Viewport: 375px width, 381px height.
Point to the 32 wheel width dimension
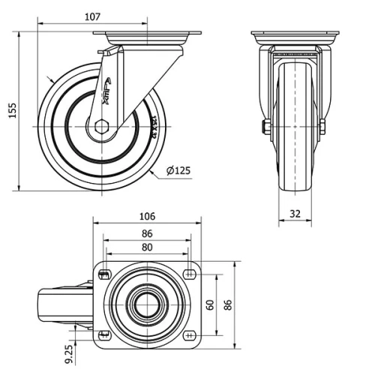pyautogui.click(x=295, y=214)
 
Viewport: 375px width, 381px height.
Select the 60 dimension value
pyautogui.click(x=210, y=305)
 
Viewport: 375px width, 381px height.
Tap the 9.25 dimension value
pyautogui.click(x=70, y=353)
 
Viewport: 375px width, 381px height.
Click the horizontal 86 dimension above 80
pyautogui.click(x=147, y=233)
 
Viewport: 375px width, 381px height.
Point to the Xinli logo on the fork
pyautogui.click(x=106, y=94)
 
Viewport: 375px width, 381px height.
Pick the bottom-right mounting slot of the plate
pyautogui.click(x=189, y=334)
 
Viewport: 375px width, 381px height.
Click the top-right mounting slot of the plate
pyautogui.click(x=189, y=273)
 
